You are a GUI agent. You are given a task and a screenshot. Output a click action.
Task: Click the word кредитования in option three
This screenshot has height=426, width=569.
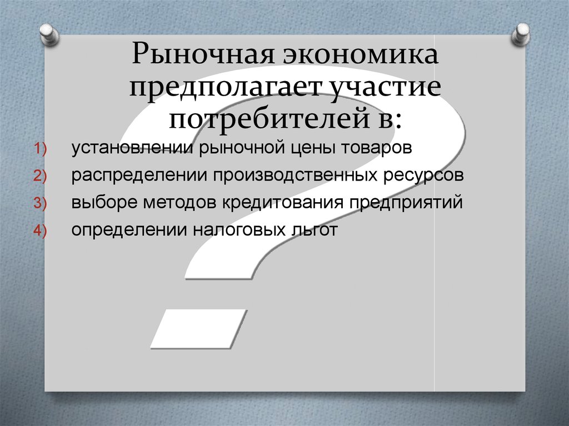pos(283,202)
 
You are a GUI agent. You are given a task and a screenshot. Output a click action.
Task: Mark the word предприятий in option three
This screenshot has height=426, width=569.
pos(406,202)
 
